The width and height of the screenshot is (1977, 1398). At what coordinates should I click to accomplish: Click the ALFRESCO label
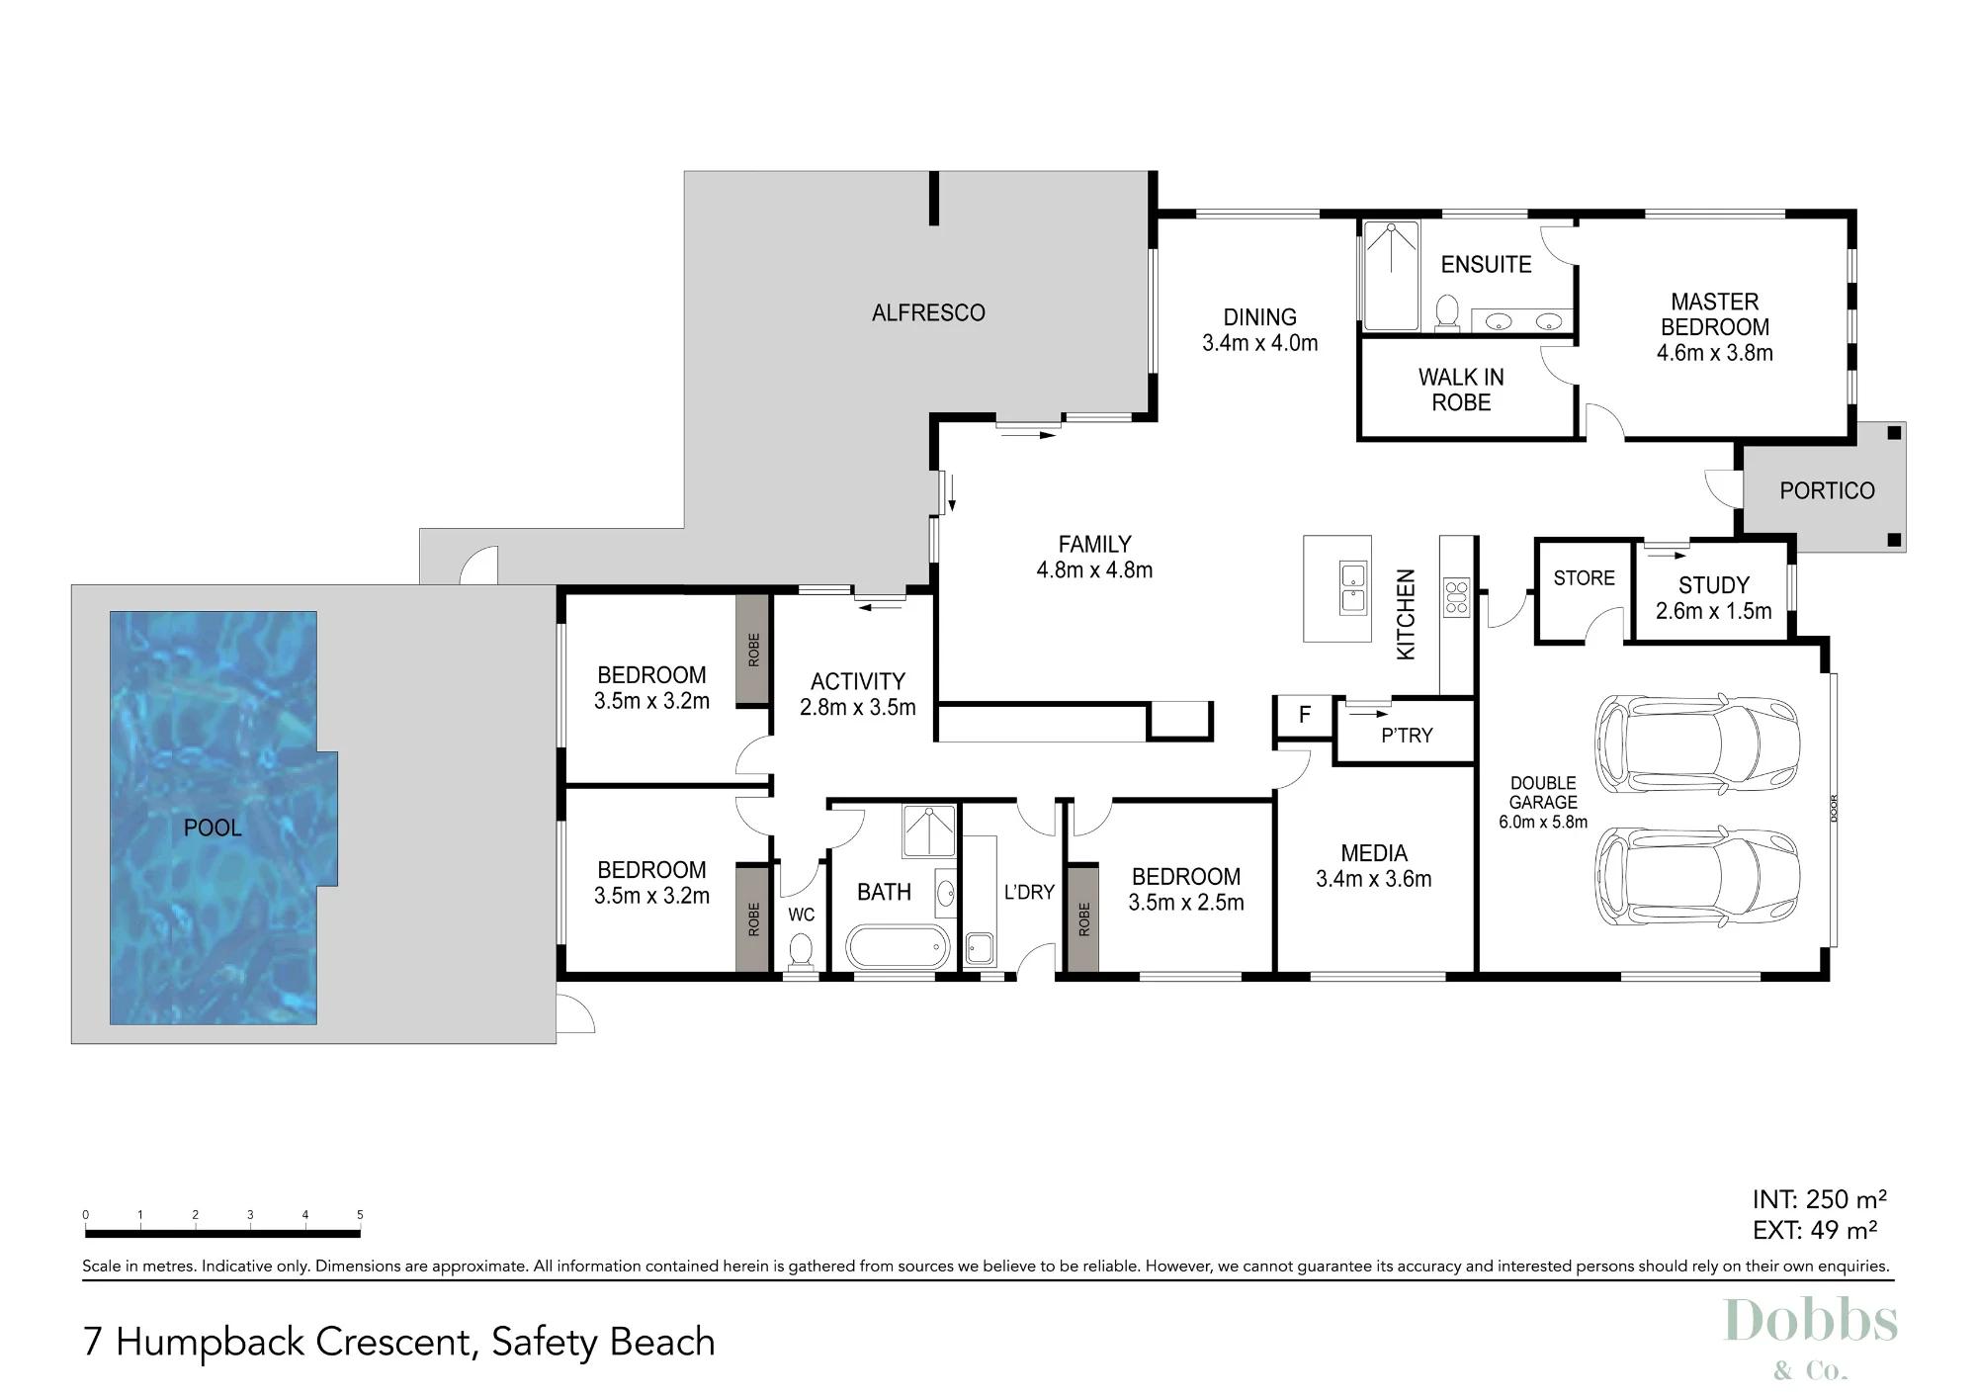(928, 312)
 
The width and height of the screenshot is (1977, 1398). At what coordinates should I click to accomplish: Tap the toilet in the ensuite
(1447, 311)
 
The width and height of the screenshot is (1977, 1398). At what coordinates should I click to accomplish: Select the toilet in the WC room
(801, 951)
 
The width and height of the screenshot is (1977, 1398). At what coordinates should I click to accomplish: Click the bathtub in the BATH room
(899, 947)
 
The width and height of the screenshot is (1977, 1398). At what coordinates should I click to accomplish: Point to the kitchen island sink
(1351, 588)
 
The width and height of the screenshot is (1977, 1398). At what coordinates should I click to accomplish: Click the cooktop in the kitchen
(1457, 598)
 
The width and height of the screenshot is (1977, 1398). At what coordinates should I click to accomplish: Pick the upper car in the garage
(1696, 743)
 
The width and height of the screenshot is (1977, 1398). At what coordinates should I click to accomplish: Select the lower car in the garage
(1696, 876)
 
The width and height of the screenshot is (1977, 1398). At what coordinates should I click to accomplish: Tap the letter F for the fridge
(1304, 714)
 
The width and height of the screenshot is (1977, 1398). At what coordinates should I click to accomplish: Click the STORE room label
(1584, 578)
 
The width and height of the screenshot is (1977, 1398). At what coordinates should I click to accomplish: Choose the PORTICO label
(1827, 490)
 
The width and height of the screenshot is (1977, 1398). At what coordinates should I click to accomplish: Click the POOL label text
(213, 828)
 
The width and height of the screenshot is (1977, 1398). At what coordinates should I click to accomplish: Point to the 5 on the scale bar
(360, 1215)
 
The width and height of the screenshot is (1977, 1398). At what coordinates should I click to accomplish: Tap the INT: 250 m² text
(1819, 1199)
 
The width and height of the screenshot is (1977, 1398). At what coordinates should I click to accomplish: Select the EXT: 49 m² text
(1814, 1230)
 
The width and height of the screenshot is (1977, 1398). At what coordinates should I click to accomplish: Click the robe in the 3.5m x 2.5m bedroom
(1083, 918)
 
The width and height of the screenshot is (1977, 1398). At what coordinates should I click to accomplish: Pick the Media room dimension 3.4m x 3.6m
(1373, 879)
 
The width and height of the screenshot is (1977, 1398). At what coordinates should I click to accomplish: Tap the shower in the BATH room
(929, 830)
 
